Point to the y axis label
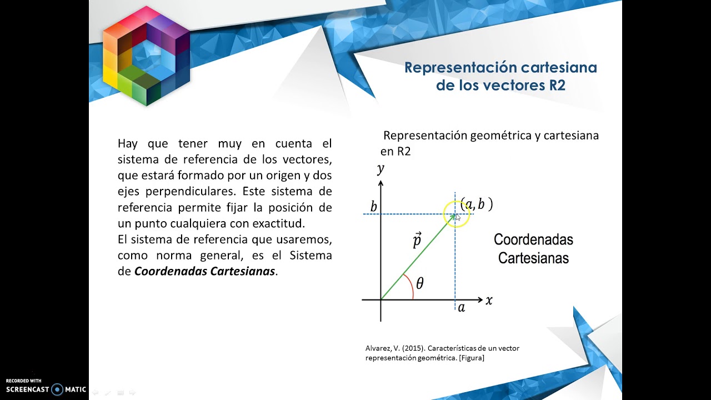click(380, 168)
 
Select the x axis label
click(489, 301)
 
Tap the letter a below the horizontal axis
click(461, 307)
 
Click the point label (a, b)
click(477, 204)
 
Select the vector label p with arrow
click(417, 239)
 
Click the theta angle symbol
click(419, 284)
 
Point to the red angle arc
click(410, 287)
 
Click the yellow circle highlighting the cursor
click(457, 214)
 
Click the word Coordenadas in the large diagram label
click(533, 239)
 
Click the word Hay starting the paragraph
click(128, 143)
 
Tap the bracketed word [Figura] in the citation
click(472, 358)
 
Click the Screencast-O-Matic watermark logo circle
click(57, 389)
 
